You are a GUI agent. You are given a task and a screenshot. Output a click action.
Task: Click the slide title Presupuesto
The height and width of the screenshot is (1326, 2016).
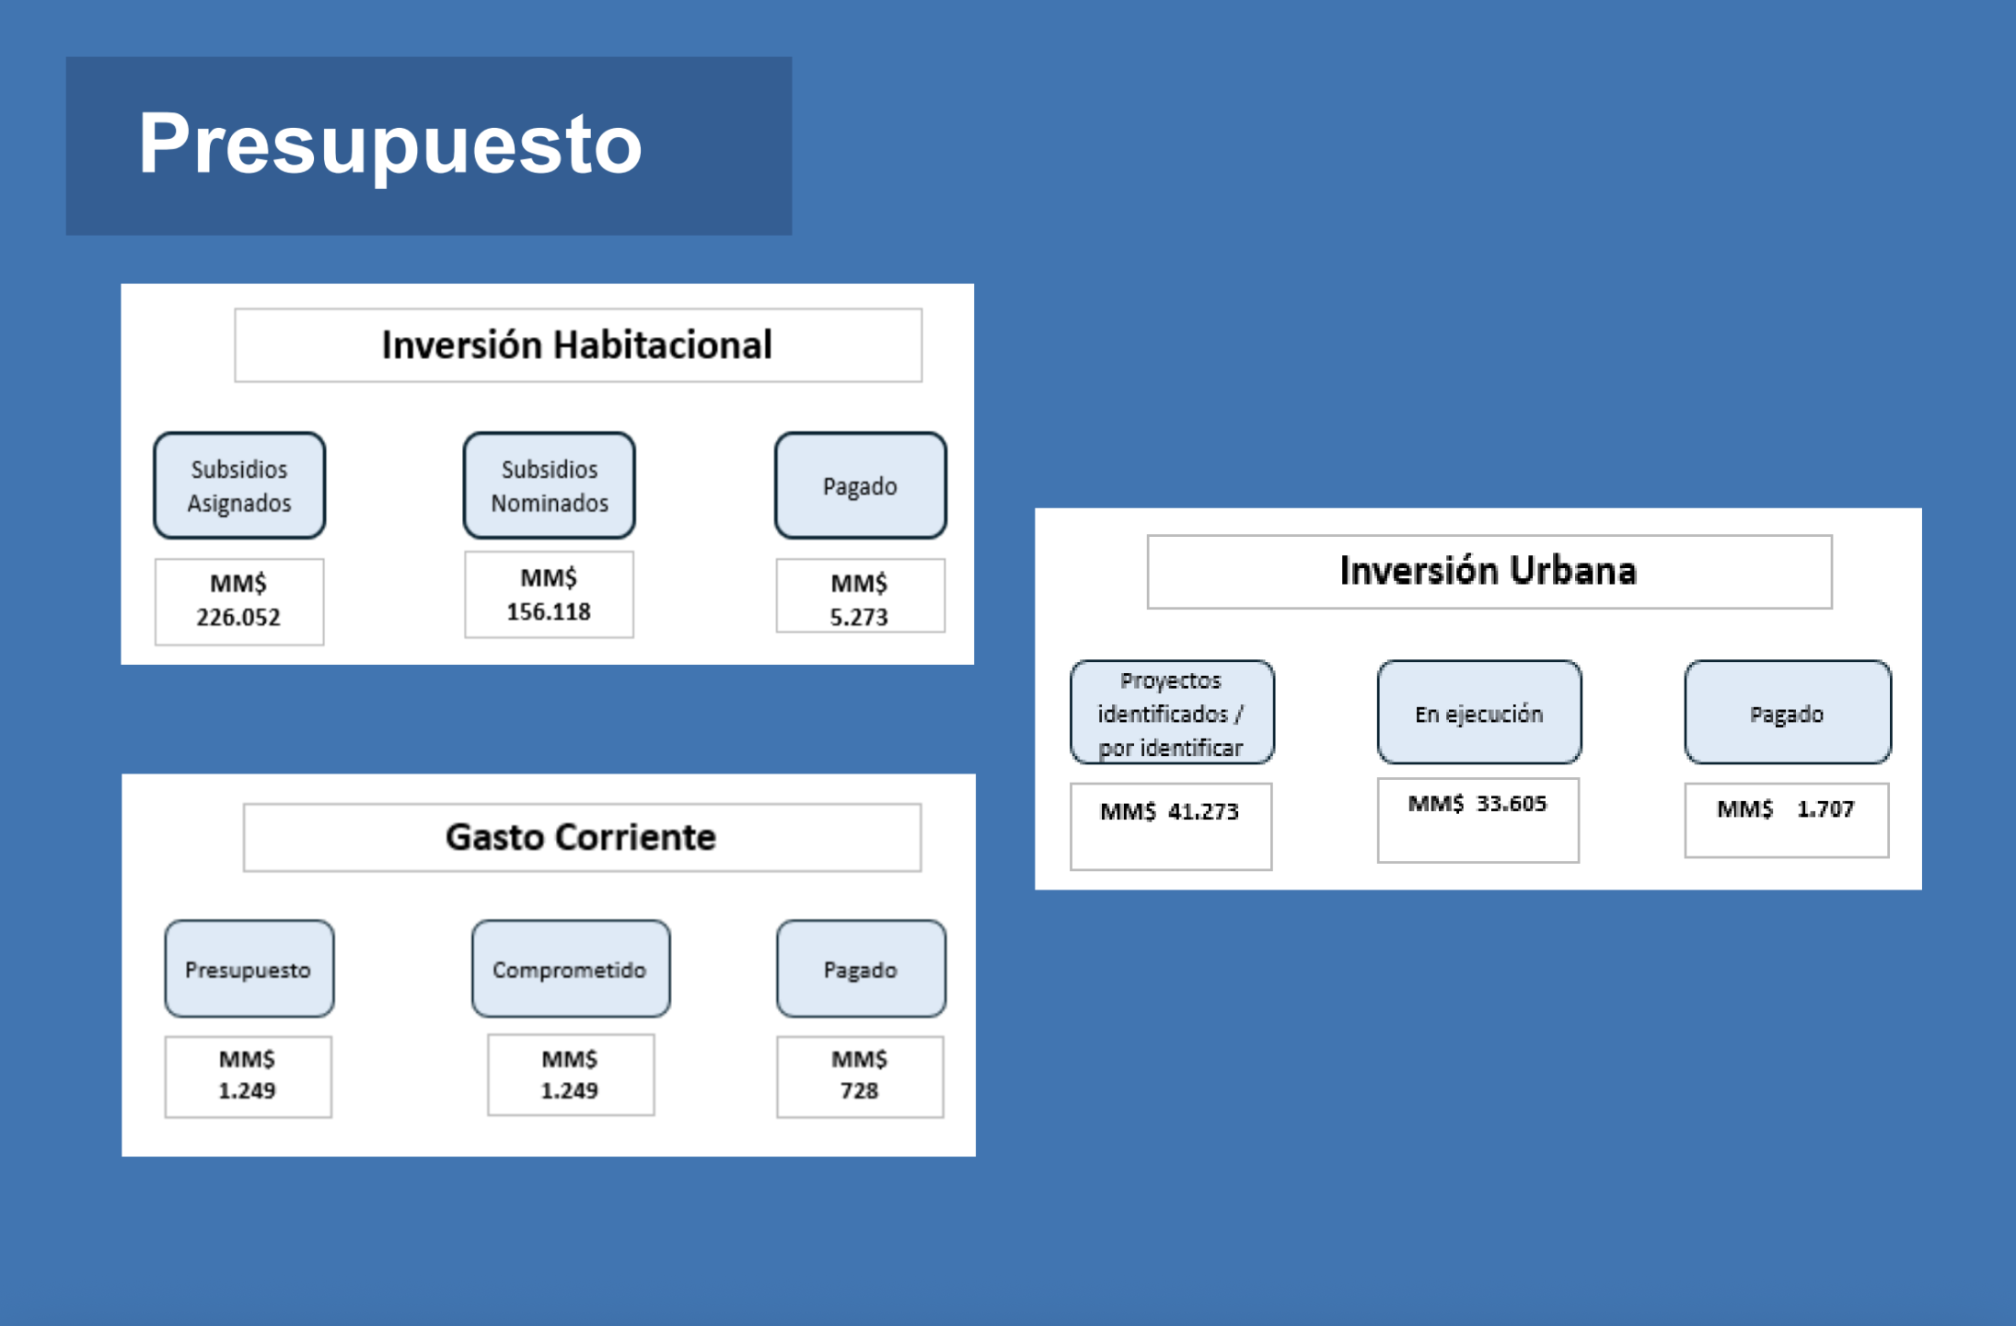(x=390, y=145)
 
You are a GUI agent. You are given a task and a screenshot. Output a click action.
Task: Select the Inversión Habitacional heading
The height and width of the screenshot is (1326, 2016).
(x=577, y=345)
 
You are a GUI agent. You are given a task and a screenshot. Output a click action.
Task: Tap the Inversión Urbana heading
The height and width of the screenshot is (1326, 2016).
(x=1489, y=571)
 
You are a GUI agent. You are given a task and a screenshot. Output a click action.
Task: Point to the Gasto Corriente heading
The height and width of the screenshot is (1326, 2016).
(x=581, y=837)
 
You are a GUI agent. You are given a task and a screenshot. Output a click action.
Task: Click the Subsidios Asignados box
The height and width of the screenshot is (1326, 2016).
(x=239, y=485)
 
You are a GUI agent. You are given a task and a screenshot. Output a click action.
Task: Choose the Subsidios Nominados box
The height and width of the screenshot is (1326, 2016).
(x=550, y=485)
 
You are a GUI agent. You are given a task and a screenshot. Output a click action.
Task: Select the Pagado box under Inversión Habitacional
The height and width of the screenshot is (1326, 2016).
(x=861, y=485)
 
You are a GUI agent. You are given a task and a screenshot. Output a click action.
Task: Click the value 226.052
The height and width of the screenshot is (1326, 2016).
(x=238, y=617)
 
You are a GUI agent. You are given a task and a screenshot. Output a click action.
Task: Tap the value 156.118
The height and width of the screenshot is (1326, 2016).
(x=549, y=611)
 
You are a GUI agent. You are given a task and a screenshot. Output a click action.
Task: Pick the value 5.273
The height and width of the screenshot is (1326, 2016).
(x=859, y=617)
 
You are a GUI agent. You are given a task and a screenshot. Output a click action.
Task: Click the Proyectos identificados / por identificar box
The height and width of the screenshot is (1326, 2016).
(x=1172, y=713)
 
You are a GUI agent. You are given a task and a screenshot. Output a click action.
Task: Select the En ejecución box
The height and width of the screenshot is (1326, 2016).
(x=1479, y=713)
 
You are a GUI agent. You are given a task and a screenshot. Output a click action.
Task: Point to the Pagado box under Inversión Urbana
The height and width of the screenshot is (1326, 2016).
(x=1788, y=713)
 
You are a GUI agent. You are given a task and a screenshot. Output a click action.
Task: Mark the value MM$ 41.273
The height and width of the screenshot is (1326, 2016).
(x=1170, y=811)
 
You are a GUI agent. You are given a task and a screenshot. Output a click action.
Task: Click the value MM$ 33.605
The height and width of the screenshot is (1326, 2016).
(x=1477, y=803)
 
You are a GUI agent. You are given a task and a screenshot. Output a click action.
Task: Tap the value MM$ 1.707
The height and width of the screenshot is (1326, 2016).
(x=1786, y=808)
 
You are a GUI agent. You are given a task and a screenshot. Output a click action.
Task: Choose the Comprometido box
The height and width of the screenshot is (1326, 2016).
(x=571, y=969)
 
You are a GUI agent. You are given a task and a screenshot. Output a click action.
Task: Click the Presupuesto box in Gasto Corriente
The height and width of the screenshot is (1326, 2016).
(x=249, y=969)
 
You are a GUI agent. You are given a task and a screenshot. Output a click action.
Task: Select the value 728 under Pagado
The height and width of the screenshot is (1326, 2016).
(x=859, y=1090)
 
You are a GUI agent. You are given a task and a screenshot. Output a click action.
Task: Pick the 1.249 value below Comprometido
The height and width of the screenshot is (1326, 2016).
(x=569, y=1090)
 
